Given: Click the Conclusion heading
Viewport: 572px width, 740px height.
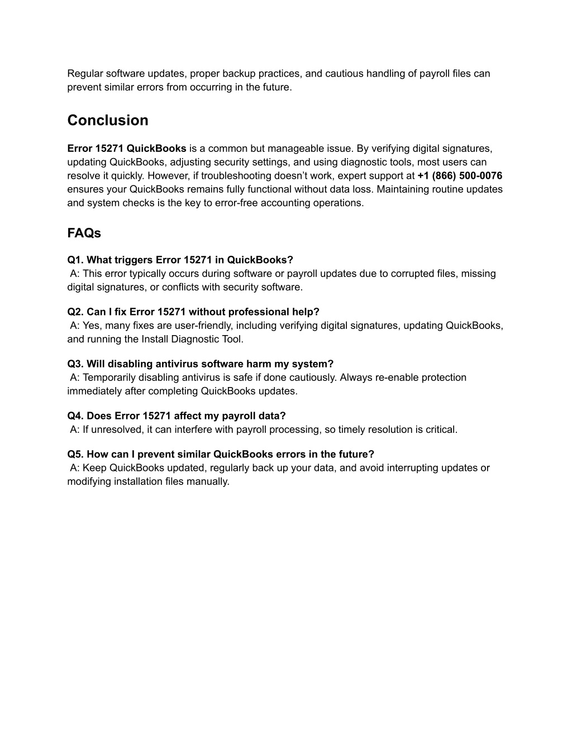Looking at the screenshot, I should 108,121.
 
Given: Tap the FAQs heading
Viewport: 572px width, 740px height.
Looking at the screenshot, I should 84,233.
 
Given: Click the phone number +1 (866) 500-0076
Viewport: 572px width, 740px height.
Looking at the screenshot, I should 460,176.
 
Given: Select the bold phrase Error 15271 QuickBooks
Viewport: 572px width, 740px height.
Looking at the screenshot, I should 127,149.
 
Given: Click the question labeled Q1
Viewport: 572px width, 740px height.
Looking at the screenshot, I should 180,260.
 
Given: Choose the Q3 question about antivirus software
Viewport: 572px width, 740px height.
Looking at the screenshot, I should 200,364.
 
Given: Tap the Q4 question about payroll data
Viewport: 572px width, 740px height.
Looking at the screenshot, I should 176,416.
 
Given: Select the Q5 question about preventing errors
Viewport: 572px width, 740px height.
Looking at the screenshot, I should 221,455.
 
